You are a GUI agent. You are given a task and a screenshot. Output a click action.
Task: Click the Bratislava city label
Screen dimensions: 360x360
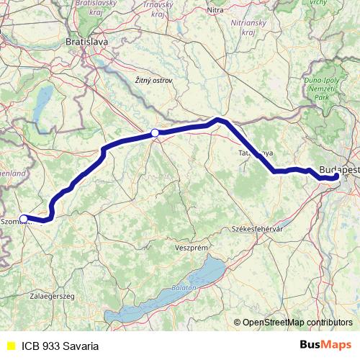[86, 42]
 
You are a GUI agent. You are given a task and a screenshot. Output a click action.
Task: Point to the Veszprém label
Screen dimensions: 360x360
[191, 247]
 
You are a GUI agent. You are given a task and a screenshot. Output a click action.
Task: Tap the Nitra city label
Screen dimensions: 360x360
[215, 10]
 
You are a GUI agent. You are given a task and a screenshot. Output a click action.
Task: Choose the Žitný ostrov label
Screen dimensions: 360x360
[153, 80]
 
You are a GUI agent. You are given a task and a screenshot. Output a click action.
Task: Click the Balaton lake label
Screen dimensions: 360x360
[180, 288]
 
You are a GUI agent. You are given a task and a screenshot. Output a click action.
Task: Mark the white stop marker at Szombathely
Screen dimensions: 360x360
[24, 219]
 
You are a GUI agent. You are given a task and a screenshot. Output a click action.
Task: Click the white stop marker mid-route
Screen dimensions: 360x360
[155, 132]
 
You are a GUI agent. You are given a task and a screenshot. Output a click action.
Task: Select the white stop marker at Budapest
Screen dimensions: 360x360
[336, 176]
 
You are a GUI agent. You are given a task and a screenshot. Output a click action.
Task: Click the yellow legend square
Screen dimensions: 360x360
[10, 346]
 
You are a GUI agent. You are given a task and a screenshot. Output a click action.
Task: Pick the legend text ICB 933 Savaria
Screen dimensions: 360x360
[60, 346]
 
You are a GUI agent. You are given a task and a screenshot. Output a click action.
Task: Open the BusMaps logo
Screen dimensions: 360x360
[325, 345]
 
